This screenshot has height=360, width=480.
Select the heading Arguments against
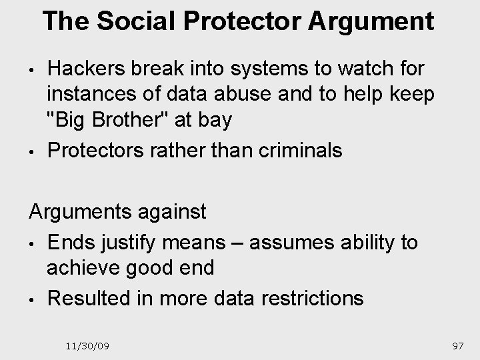(x=117, y=212)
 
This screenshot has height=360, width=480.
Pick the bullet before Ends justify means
(x=32, y=243)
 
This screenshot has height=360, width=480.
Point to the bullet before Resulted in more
(x=32, y=299)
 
